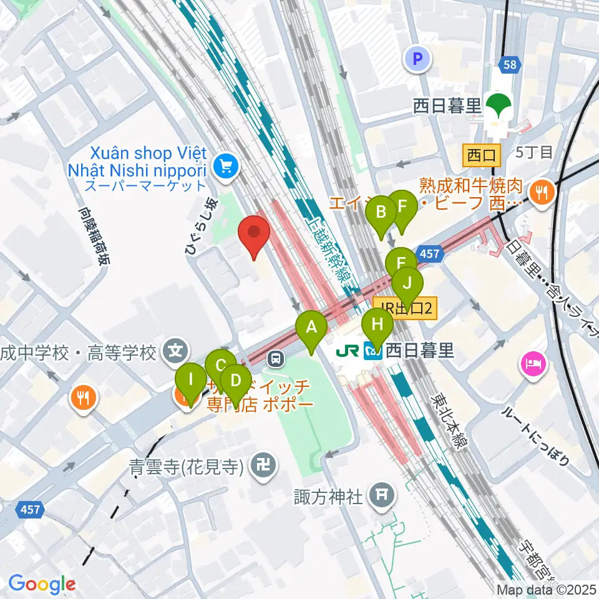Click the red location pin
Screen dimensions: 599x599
pos(255,232)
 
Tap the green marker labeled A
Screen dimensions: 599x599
pos(311,328)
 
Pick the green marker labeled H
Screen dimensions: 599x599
pos(377,324)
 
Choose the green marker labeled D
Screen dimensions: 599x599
pos(236,381)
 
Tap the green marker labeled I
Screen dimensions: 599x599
pos(191,380)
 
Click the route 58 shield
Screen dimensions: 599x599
pos(508,64)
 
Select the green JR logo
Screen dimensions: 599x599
pos(346,351)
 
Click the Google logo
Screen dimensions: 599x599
pos(42,584)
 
